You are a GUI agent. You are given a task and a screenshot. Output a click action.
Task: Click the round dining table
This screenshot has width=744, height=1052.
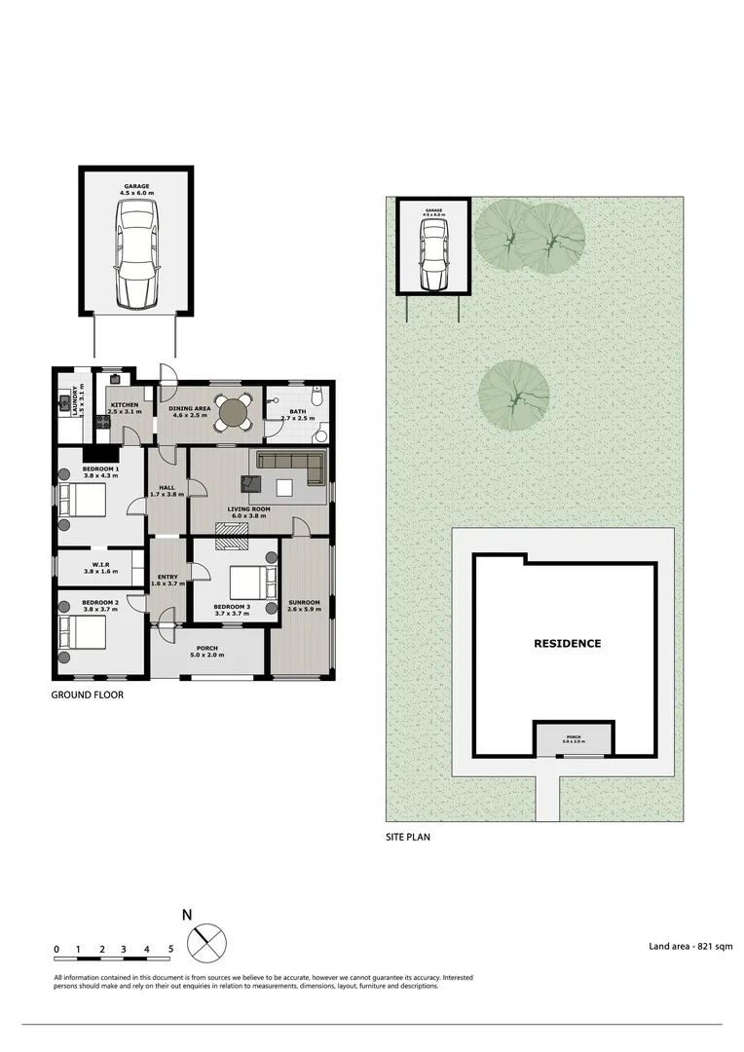tap(233, 413)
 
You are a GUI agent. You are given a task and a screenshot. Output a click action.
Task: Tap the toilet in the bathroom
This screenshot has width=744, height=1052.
tap(316, 397)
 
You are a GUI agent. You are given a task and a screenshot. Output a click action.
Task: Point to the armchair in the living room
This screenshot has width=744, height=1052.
tap(251, 482)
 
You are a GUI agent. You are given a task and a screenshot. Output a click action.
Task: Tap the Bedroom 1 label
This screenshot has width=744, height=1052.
tap(101, 470)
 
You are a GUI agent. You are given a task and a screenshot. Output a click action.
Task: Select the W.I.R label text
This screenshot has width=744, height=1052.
tap(101, 566)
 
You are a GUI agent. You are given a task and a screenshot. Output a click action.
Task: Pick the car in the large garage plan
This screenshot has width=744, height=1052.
tap(135, 253)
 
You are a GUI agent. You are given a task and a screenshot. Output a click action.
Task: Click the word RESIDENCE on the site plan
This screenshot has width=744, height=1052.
tap(567, 644)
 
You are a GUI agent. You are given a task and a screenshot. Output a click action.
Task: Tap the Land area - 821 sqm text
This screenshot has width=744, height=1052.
tap(690, 946)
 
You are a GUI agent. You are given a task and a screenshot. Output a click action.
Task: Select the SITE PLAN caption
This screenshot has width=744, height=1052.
tap(407, 837)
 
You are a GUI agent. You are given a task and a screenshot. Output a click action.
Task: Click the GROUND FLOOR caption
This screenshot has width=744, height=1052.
tap(87, 695)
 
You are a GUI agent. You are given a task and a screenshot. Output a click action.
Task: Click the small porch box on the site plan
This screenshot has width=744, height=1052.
tap(574, 738)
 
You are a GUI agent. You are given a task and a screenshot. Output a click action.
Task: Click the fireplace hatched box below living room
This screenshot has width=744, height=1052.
tap(232, 529)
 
